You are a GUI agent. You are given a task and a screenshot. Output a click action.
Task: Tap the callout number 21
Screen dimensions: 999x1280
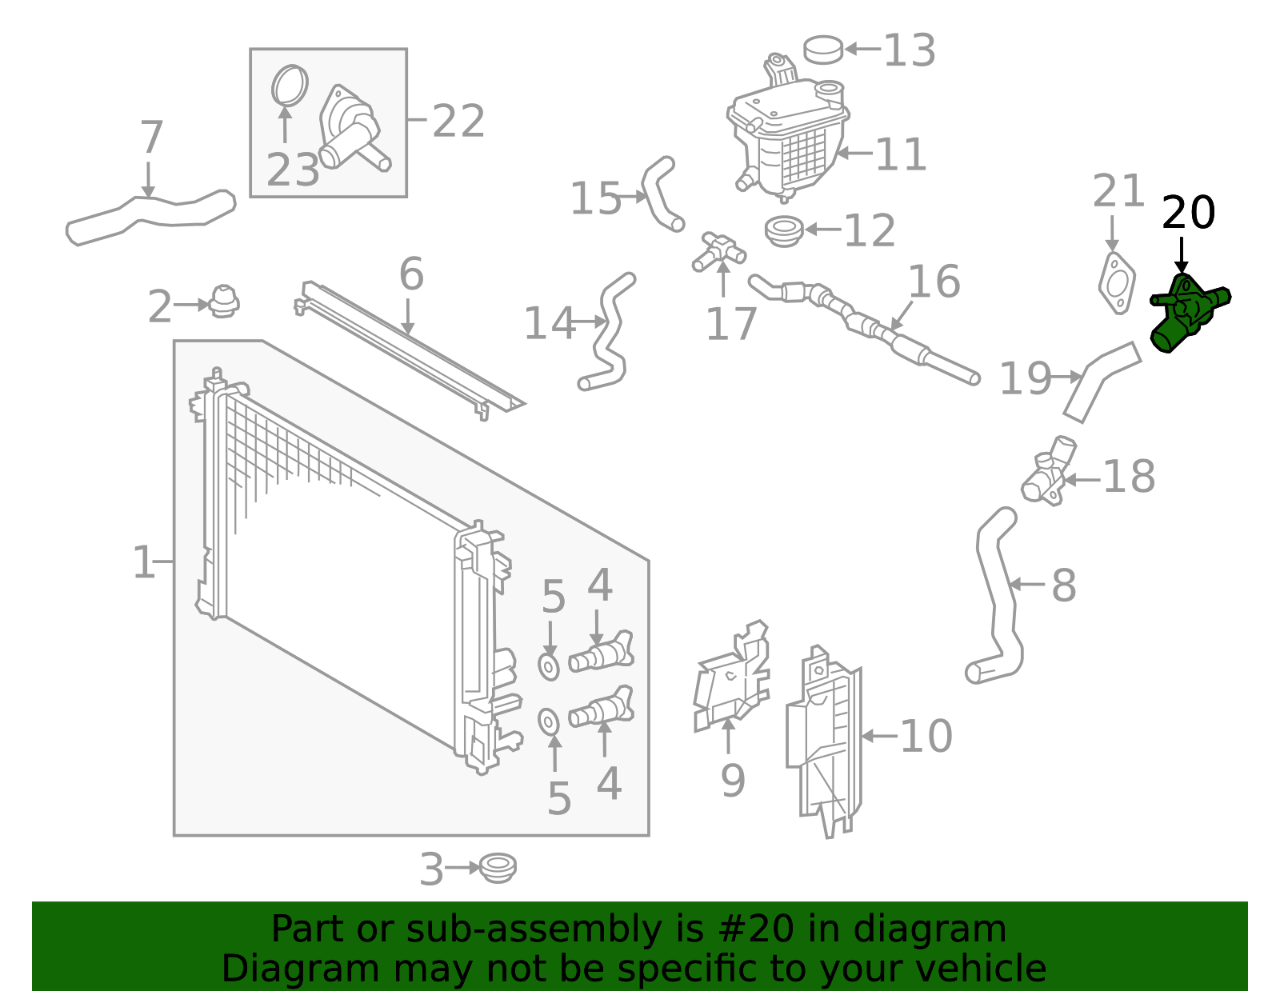pyautogui.click(x=1118, y=192)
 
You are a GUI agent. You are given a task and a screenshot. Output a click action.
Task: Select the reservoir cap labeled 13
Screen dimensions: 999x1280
pyautogui.click(x=823, y=49)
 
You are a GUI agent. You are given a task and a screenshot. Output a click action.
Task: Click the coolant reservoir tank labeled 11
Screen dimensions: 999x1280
pyautogui.click(x=788, y=140)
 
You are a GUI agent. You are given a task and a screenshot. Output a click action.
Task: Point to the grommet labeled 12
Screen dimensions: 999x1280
pyautogui.click(x=784, y=231)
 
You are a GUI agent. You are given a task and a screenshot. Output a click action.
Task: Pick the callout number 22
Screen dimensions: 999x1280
pyautogui.click(x=458, y=122)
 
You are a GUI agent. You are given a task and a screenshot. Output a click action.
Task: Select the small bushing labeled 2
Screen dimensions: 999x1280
pyautogui.click(x=224, y=302)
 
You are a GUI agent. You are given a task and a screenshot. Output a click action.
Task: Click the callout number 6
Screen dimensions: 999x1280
pyautogui.click(x=411, y=274)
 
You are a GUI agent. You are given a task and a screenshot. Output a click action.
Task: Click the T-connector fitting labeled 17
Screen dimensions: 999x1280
pyautogui.click(x=719, y=251)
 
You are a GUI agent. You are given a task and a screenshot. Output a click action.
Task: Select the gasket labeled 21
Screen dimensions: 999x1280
pyautogui.click(x=1116, y=283)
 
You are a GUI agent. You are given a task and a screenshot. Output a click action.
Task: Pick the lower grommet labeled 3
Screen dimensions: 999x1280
pyautogui.click(x=498, y=868)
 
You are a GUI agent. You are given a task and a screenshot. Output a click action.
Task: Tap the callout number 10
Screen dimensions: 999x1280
pyautogui.click(x=926, y=736)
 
